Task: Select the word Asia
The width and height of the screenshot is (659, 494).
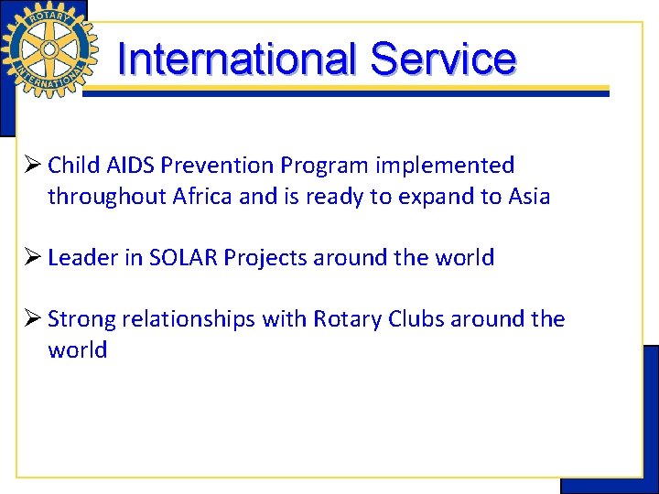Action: click(529, 197)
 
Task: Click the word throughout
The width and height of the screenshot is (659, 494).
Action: click(106, 197)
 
